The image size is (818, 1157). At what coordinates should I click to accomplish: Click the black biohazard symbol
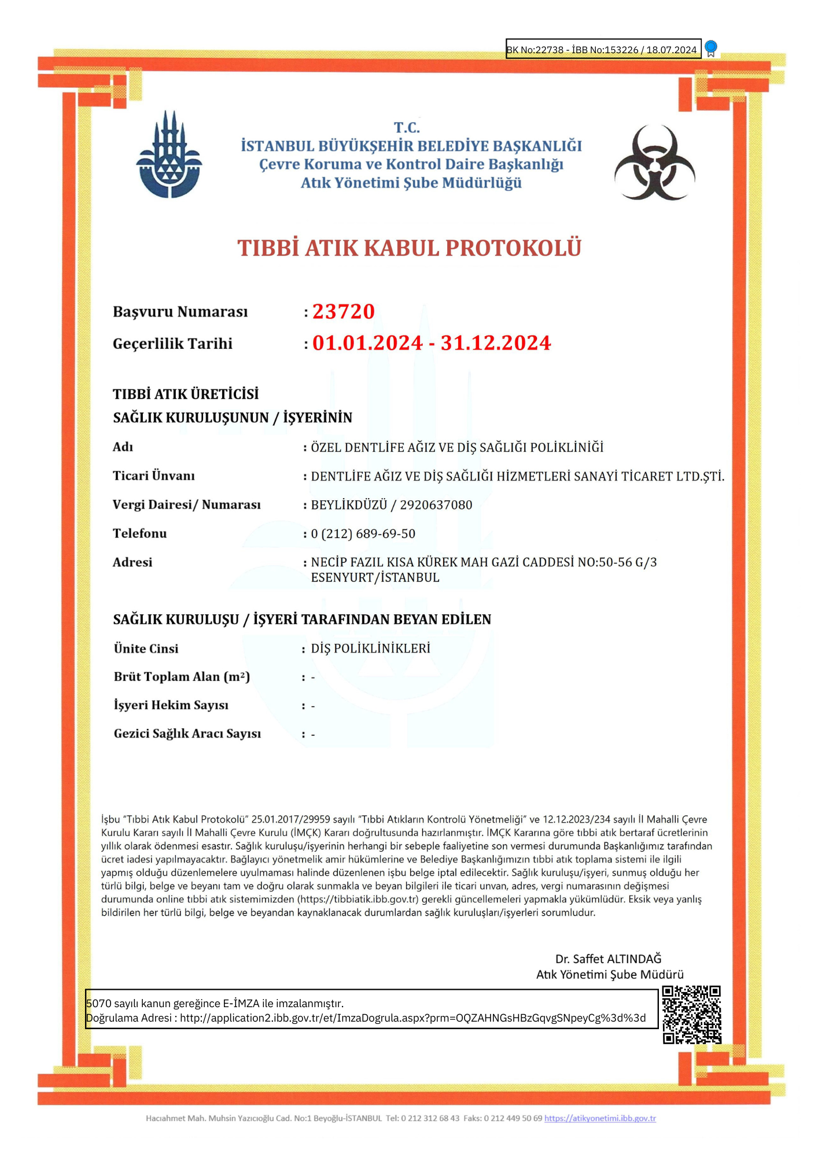654,163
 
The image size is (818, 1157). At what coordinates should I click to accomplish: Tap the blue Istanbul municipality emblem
168,156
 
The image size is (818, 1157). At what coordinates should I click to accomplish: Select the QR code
691,1015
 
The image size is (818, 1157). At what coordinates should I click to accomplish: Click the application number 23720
344,312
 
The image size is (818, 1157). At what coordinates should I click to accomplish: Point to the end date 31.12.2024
496,343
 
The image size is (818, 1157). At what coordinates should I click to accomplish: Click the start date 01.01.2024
367,343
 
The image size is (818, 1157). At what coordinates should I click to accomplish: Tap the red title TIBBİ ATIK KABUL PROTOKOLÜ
409,248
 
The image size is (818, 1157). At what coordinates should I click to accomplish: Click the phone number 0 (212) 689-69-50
363,533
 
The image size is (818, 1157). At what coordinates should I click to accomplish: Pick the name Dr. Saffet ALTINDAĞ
608,959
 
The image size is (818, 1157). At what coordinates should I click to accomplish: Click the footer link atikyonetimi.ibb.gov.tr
600,1118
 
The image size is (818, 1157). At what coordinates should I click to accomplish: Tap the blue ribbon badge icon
711,49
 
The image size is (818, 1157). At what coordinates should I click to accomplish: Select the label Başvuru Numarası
180,312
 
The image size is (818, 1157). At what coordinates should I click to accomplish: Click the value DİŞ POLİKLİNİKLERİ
370,648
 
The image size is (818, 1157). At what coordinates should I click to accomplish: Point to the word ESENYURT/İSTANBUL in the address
375,577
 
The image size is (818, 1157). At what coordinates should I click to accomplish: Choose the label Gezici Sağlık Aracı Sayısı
187,734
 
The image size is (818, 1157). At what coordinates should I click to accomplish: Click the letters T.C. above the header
407,127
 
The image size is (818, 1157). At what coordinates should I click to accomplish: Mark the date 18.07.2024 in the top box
671,50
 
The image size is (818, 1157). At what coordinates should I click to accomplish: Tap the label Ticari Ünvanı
154,476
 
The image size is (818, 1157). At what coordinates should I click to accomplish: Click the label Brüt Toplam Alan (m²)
182,677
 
